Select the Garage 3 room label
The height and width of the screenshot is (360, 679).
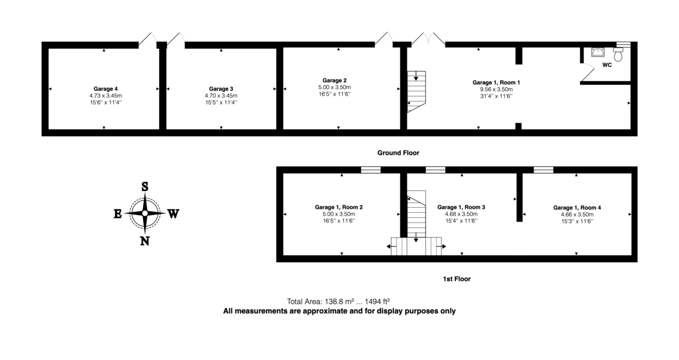click(221, 89)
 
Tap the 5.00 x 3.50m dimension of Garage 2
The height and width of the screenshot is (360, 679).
click(334, 87)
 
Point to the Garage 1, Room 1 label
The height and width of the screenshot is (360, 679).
click(496, 82)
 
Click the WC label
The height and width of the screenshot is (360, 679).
click(607, 65)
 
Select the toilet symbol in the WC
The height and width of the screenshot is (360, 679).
click(619, 54)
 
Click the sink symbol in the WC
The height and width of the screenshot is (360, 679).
click(598, 53)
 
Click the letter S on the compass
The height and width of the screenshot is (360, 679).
click(145, 187)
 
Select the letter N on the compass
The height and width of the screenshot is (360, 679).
click(145, 241)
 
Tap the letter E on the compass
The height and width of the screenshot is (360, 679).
click(118, 213)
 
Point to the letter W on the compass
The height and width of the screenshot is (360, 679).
click(173, 213)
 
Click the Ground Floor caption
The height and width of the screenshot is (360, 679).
click(398, 153)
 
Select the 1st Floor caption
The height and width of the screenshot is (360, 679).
click(457, 279)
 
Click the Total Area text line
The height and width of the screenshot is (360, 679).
click(339, 302)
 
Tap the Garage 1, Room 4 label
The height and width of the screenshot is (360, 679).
click(577, 207)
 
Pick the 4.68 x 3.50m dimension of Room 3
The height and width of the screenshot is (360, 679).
click(461, 215)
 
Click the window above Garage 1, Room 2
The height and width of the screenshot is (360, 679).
click(371, 169)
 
